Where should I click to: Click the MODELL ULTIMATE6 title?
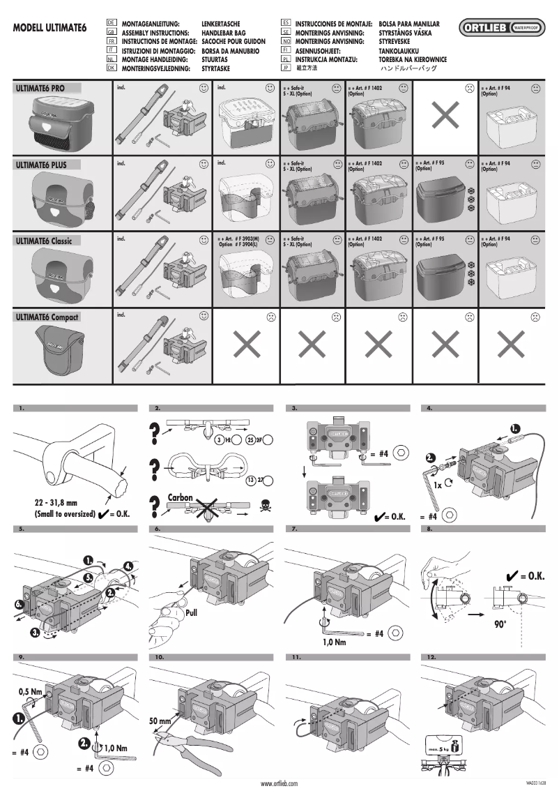(x=49, y=30)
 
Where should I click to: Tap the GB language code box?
(x=112, y=33)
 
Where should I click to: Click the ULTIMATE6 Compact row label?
(x=47, y=317)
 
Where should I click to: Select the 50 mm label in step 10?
(x=160, y=720)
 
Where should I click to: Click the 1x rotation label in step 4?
(x=438, y=483)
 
